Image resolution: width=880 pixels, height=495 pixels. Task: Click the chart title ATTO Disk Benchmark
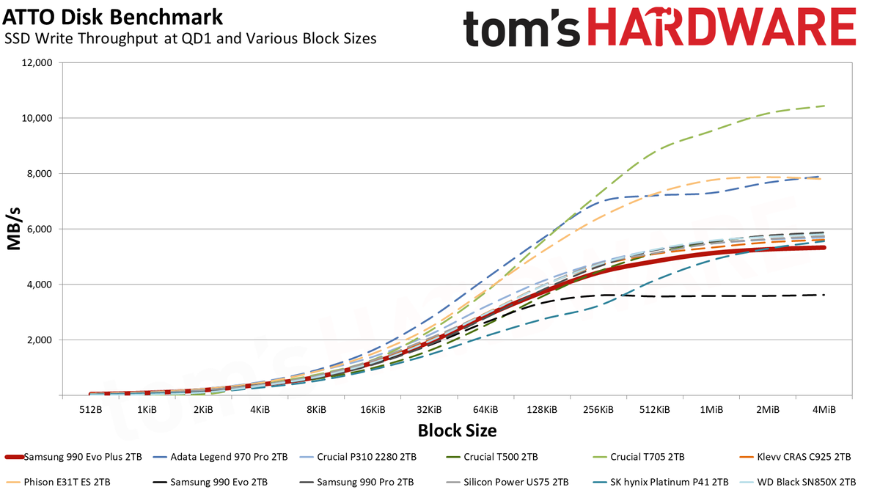(x=113, y=18)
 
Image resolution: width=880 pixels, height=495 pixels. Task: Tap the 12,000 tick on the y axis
(x=36, y=63)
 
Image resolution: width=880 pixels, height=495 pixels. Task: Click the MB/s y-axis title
(x=14, y=229)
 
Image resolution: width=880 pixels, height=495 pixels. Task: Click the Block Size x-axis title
(x=457, y=430)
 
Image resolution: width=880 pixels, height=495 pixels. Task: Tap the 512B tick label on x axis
(x=91, y=410)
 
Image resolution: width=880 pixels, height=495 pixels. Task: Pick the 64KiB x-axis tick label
(x=485, y=410)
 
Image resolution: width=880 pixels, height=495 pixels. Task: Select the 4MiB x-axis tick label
(x=824, y=410)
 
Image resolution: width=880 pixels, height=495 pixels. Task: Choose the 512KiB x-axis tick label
(x=654, y=410)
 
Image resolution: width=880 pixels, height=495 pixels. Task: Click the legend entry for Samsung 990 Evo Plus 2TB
(x=73, y=458)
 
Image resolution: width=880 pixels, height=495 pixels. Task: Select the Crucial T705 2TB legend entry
(x=639, y=458)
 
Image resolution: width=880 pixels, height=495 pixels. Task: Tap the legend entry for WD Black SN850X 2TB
(x=798, y=482)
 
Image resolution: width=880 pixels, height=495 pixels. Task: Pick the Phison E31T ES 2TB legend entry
(x=58, y=482)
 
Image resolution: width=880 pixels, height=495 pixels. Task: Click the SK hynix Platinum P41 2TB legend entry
(x=661, y=482)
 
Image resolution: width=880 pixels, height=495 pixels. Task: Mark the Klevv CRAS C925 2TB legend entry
(x=795, y=458)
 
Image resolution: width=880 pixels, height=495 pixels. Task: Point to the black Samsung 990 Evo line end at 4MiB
(x=824, y=295)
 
